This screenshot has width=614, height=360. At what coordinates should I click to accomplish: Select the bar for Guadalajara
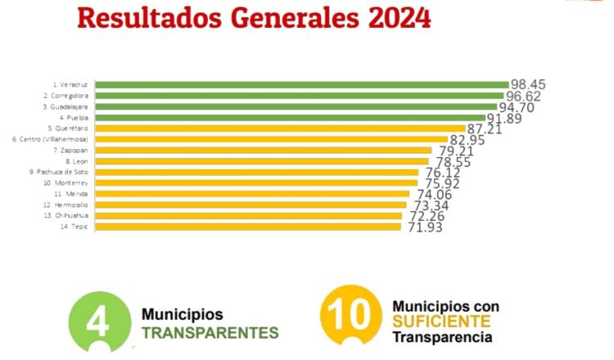pyautogui.click(x=296, y=106)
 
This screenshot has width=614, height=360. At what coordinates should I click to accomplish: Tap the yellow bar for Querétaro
pyautogui.click(x=279, y=128)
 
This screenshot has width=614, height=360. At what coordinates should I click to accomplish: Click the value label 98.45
pyautogui.click(x=527, y=84)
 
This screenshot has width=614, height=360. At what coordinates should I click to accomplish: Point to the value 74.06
pyautogui.click(x=434, y=195)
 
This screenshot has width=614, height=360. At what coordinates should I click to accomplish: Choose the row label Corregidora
pyautogui.click(x=65, y=96)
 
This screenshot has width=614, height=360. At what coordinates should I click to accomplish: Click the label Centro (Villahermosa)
pyautogui.click(x=51, y=139)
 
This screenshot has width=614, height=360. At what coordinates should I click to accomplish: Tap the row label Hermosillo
pyautogui.click(x=70, y=205)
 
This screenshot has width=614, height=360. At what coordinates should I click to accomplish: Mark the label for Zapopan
pyautogui.click(x=71, y=151)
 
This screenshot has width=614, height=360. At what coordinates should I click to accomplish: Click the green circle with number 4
pyautogui.click(x=99, y=322)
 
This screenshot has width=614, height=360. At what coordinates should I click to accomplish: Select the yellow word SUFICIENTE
pyautogui.click(x=440, y=321)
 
